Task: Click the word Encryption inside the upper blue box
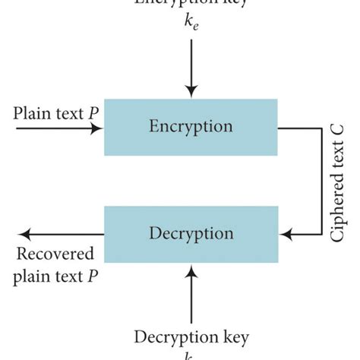191,126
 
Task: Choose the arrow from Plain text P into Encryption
53,129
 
